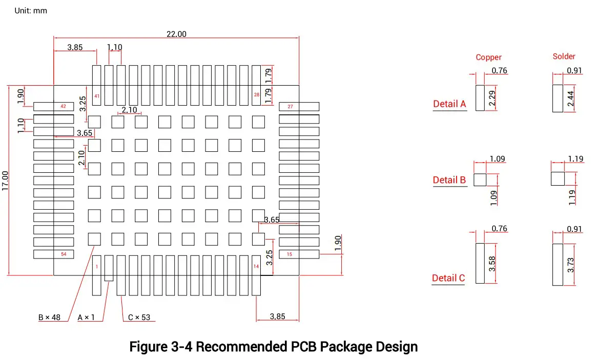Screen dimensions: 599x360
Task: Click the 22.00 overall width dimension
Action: [176, 34]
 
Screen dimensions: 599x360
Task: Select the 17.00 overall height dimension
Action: [5, 181]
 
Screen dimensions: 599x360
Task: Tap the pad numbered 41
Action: [97, 85]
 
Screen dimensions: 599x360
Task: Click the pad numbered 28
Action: [256, 85]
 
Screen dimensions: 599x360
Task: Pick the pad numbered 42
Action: [53, 106]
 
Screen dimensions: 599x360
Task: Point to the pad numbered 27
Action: [299, 106]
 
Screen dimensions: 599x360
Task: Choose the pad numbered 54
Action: [53, 254]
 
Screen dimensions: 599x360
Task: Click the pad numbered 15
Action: [299, 254]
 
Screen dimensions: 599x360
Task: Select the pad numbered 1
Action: [97, 275]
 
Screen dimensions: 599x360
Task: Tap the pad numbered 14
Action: [256, 275]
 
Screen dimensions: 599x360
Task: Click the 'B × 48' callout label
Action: [49, 317]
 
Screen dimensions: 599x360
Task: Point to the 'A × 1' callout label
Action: [86, 317]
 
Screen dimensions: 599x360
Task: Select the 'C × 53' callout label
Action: [139, 317]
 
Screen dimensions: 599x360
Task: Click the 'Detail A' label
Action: [449, 104]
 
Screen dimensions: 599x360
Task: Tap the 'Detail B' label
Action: [449, 180]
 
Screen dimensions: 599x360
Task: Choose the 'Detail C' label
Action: [448, 278]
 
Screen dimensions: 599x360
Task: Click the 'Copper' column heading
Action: [489, 57]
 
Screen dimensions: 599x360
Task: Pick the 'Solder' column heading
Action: [564, 56]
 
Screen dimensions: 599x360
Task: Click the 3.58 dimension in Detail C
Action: [492, 264]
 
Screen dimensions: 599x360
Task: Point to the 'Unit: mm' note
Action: [31, 11]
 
